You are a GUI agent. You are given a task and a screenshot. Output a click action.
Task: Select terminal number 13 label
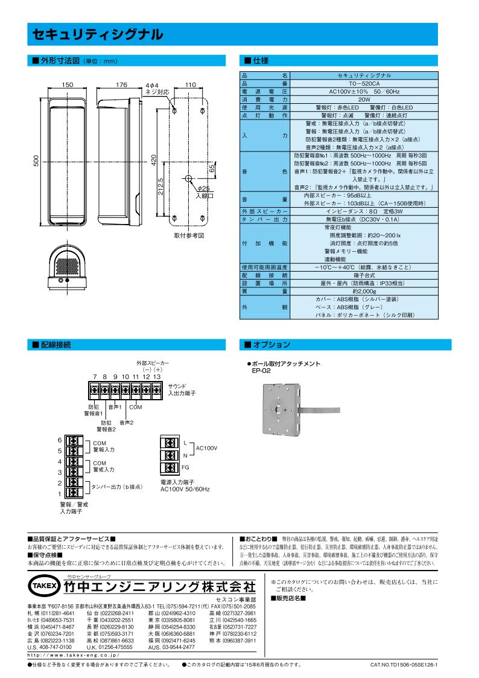point(157,377)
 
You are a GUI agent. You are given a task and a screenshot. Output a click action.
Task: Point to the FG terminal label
point(185,468)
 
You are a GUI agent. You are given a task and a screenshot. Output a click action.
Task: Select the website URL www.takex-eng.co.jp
point(74,654)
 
